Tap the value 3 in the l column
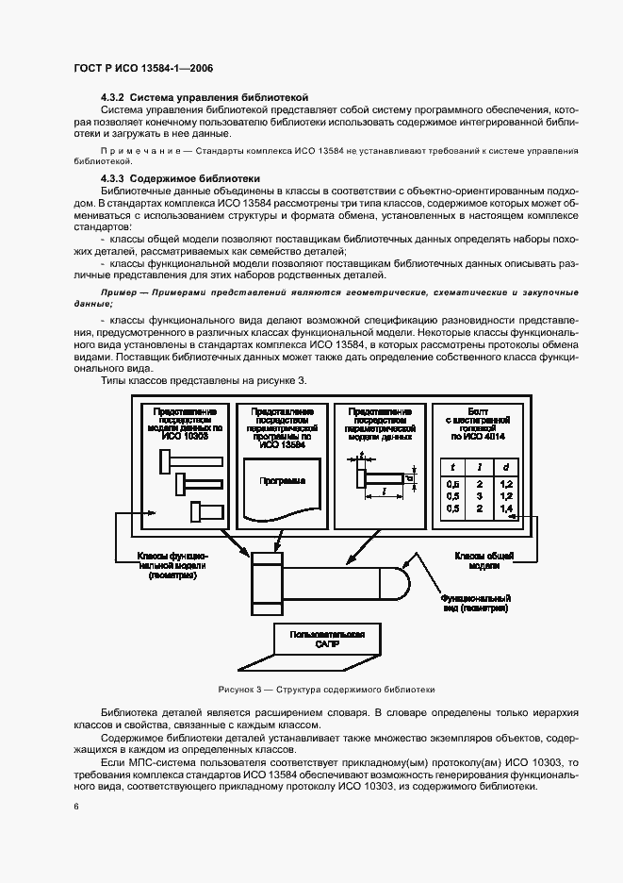coord(479,495)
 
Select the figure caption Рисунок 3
coord(326,690)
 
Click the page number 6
coord(75,807)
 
